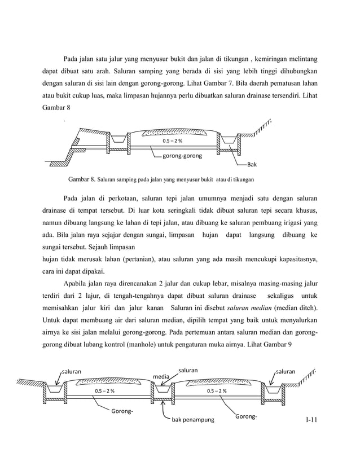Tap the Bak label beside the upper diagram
tap(252, 165)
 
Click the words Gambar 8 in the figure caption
tap(82, 180)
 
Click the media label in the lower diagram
tap(162, 376)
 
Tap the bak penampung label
tap(193, 420)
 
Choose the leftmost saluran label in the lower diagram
tap(72, 372)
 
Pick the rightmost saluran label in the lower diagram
tap(285, 372)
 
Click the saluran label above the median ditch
tap(188, 370)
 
